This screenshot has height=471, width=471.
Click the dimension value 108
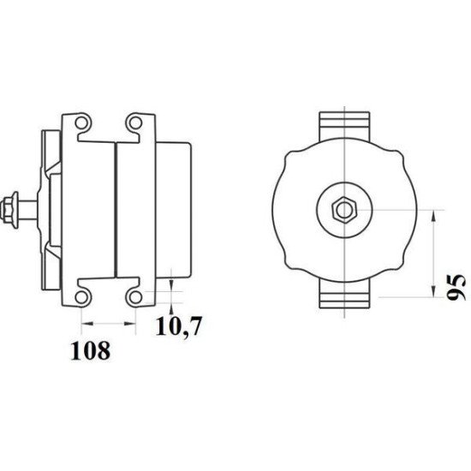[92, 350]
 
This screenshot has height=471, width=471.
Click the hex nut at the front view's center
[343, 208]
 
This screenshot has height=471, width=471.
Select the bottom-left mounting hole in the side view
[83, 296]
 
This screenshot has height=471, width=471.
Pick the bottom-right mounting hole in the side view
[135, 296]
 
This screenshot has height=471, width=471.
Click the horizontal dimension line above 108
[109, 324]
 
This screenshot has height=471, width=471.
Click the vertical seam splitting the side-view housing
[116, 208]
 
